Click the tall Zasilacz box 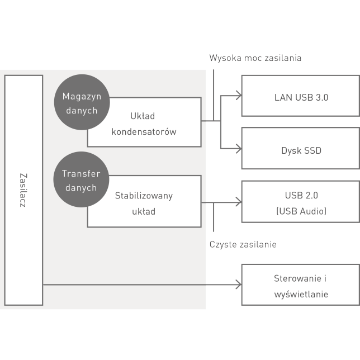(23, 190)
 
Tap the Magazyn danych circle (81, 103)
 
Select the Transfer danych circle (81, 180)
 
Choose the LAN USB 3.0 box (301, 97)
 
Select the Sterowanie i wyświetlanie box (301, 286)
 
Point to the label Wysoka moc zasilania (255, 58)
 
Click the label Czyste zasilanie (243, 244)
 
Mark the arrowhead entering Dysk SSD (238, 148)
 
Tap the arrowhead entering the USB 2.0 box (238, 202)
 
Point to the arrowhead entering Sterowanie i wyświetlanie (238, 285)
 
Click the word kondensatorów (144, 132)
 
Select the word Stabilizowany (144, 196)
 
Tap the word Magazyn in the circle (82, 96)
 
